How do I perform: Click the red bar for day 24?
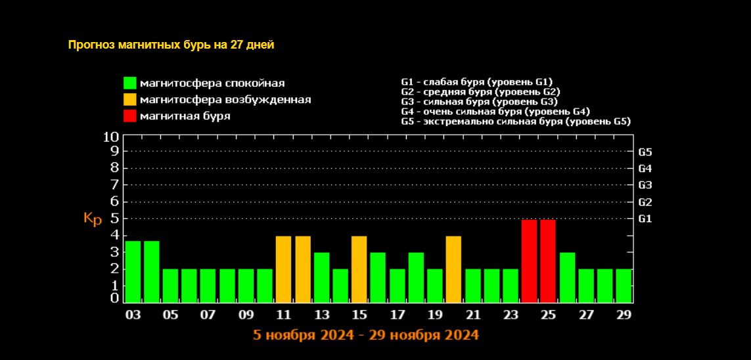(530, 261)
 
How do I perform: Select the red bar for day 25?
(548, 261)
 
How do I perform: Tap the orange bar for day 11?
(283, 269)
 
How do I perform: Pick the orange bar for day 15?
(359, 269)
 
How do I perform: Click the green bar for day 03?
(133, 271)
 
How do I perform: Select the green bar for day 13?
(321, 277)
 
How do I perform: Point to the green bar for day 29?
(624, 285)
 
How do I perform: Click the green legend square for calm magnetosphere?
(129, 83)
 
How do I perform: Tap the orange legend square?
(129, 100)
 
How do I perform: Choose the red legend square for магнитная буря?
(129, 116)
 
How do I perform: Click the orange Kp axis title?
(93, 219)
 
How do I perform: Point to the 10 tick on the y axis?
(111, 137)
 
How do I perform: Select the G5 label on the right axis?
(645, 152)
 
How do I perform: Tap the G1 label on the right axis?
(645, 218)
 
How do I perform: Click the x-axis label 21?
(472, 315)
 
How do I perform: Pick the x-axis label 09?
(246, 315)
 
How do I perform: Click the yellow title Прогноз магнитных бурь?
(171, 45)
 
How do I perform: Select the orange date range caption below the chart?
(366, 335)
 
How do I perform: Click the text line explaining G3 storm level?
(479, 102)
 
